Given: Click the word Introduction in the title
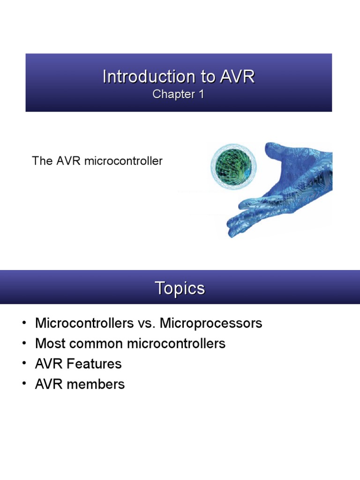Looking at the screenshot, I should (x=136, y=77).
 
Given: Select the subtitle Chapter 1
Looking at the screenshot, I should (x=179, y=94).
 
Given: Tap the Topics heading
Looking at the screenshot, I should (x=180, y=288).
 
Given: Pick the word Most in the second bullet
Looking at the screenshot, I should (x=49, y=344).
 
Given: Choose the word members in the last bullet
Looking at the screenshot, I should (x=96, y=384).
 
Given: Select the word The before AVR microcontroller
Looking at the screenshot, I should (x=40, y=161).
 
